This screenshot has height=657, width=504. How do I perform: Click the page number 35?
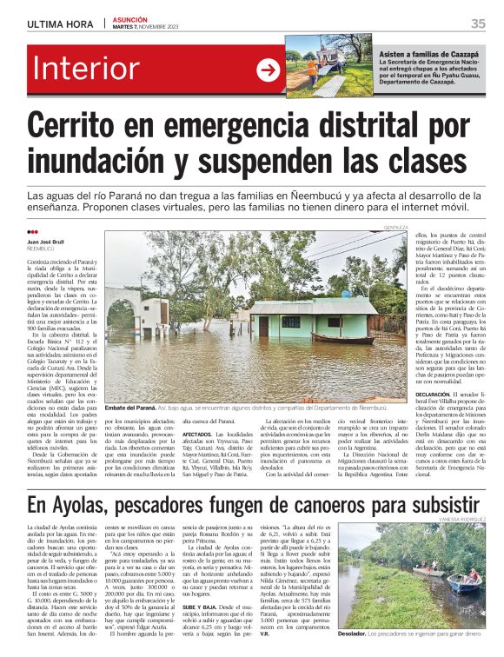pos(477,23)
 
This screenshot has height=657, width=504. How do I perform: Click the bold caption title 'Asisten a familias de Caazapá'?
pos(428,54)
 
